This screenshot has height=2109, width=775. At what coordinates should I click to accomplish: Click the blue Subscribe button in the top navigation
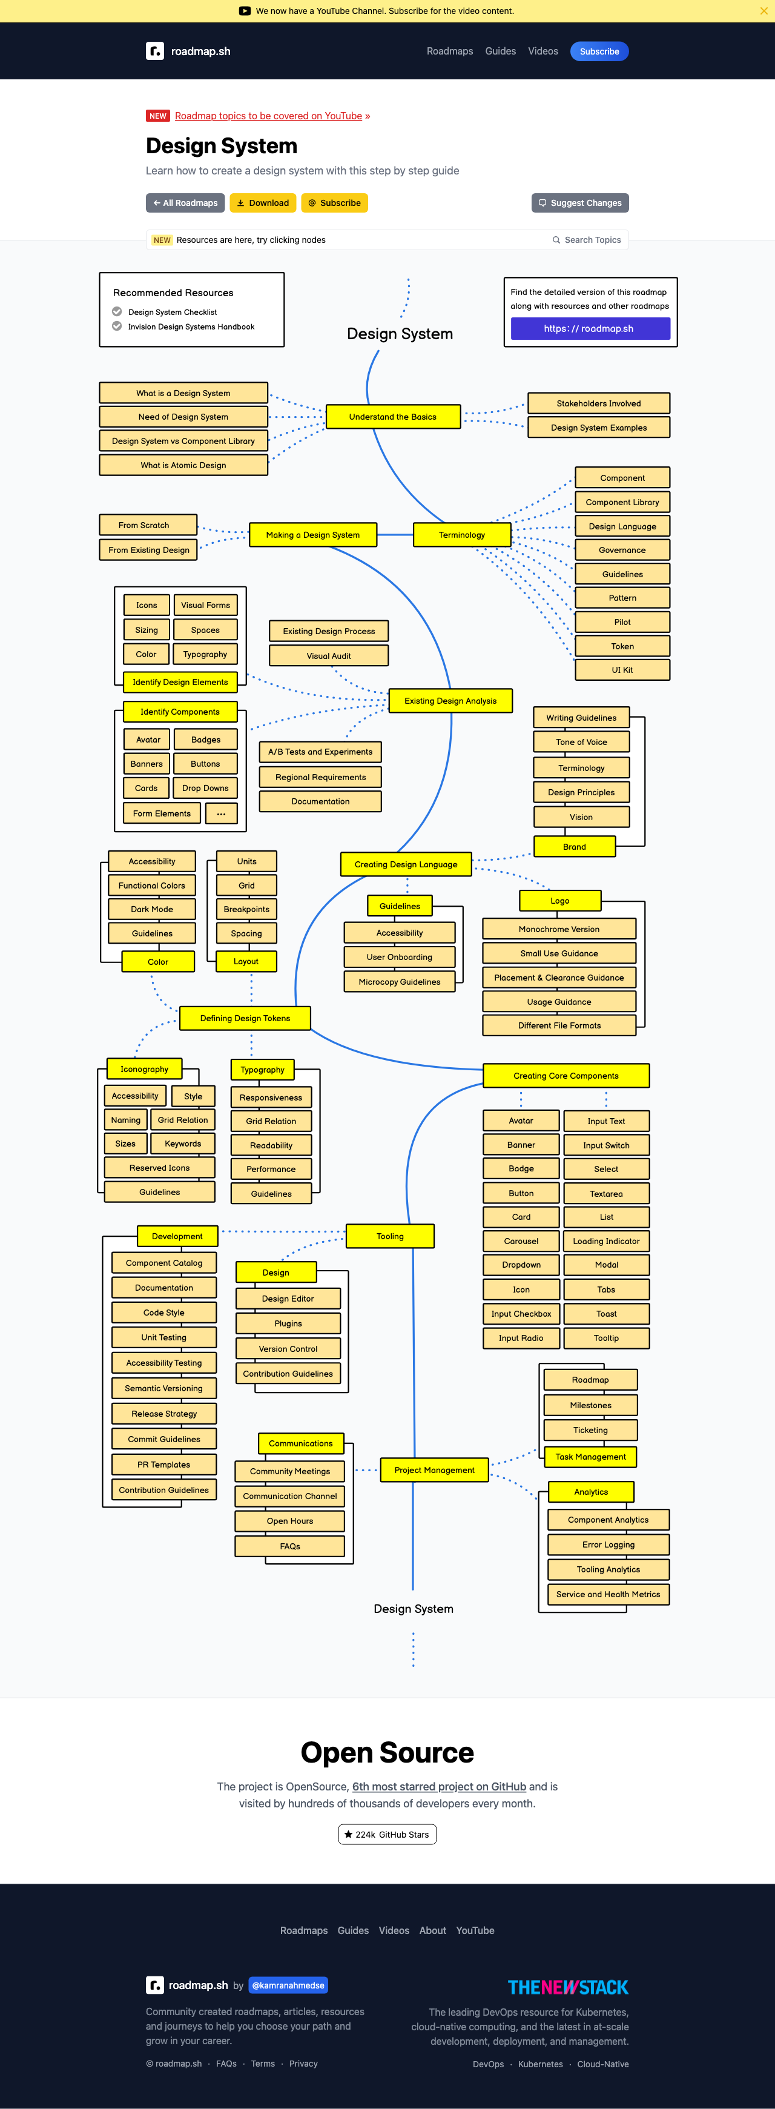(x=599, y=51)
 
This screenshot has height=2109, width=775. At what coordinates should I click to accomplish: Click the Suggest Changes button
(x=579, y=203)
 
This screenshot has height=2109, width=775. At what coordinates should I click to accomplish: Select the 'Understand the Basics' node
(x=393, y=417)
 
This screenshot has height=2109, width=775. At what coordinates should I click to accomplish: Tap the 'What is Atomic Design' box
(x=183, y=465)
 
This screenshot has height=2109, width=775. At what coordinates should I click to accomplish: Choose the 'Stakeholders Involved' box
(x=598, y=403)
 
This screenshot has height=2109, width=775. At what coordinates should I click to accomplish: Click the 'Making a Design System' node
(x=312, y=535)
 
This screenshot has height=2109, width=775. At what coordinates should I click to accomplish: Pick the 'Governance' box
(x=622, y=550)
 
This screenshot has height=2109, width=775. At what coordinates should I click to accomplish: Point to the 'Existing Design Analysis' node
(x=450, y=701)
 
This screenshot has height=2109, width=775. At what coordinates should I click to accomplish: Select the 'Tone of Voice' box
(x=581, y=742)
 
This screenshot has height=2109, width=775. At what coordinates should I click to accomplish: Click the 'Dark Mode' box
(x=151, y=909)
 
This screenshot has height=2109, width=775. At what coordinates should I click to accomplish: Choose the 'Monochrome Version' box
(x=559, y=929)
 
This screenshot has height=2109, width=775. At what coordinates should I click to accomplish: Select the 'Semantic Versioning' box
(x=163, y=1388)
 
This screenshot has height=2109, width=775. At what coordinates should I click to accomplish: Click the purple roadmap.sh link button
(x=590, y=328)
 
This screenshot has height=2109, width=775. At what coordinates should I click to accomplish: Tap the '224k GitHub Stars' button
(x=387, y=1835)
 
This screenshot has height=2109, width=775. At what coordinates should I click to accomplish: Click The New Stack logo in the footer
(x=568, y=1987)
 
